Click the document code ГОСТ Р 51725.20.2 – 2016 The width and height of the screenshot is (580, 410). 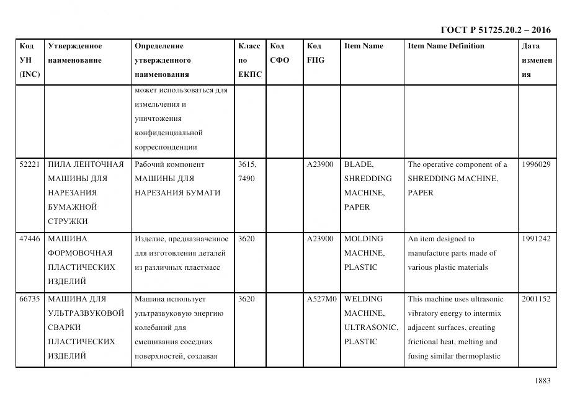click(x=495, y=30)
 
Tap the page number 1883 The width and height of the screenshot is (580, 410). click(x=542, y=381)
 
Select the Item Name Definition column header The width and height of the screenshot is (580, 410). click(x=446, y=46)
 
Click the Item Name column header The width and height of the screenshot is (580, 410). click(x=364, y=46)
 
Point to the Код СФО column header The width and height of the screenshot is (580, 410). click(x=279, y=53)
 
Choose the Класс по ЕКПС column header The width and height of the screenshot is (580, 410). click(x=249, y=60)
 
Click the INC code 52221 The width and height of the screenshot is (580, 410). click(x=30, y=164)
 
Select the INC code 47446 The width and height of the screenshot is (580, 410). click(x=30, y=239)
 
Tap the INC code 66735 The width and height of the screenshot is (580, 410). click(x=30, y=299)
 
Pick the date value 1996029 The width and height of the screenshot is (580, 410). click(x=536, y=164)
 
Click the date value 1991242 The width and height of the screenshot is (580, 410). click(x=536, y=239)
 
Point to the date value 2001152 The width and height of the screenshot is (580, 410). click(x=536, y=299)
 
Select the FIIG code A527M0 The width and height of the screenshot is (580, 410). click(x=321, y=299)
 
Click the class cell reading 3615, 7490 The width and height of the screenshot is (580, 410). click(x=247, y=171)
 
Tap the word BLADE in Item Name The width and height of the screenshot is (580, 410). click(x=359, y=164)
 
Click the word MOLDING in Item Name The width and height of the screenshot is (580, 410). click(x=364, y=239)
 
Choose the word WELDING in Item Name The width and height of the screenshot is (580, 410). click(x=364, y=299)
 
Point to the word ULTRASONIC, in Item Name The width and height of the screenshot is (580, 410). click(x=371, y=328)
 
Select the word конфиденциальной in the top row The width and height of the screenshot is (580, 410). click(x=169, y=133)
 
